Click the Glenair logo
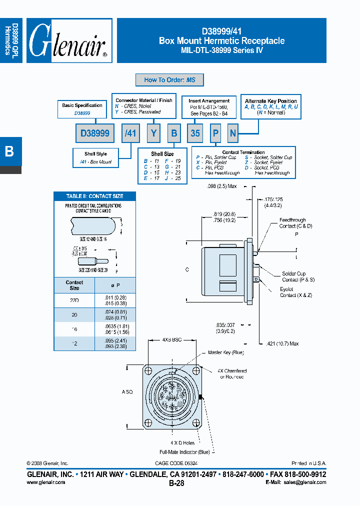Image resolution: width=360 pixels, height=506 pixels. click(x=69, y=41)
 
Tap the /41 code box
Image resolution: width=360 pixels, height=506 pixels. click(x=130, y=133)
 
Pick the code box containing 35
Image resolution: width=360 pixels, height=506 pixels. click(x=195, y=133)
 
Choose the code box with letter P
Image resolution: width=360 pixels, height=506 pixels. click(x=215, y=133)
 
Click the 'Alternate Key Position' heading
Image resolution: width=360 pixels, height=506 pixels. click(x=271, y=101)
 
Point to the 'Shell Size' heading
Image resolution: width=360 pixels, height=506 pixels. click(x=162, y=154)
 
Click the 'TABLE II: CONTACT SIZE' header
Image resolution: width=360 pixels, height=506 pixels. click(x=94, y=196)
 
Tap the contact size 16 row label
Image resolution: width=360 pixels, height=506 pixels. click(x=74, y=328)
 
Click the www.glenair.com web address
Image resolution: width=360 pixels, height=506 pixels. click(x=45, y=482)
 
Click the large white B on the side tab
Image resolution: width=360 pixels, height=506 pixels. click(x=9, y=151)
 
